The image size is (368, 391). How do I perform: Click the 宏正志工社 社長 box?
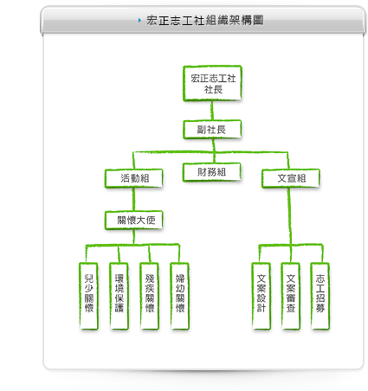pos(212,83)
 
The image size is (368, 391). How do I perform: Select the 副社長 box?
pos(212,130)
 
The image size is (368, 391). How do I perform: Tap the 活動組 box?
pos(134,178)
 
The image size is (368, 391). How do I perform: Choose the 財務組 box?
pos(212,172)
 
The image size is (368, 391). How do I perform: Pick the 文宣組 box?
pos(291,178)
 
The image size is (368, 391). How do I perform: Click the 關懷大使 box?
pos(134,221)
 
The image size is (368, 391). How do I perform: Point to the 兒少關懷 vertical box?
pos(88,296)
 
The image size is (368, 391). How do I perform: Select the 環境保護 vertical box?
pos(119,296)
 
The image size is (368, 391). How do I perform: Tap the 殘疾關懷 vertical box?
pos(149,296)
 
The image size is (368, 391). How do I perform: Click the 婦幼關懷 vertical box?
pos(179,296)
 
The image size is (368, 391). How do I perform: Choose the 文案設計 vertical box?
pos(261,296)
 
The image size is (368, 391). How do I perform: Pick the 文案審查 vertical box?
pos(291,296)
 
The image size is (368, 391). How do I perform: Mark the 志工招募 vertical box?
pos(320,296)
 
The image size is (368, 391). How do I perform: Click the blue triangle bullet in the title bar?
pos(139,20)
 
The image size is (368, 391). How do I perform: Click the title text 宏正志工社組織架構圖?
pos(205,20)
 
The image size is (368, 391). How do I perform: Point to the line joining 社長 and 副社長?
pos(212,111)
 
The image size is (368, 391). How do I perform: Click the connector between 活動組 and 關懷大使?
pos(133,199)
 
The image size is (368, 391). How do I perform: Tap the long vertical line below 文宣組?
pos(289,216)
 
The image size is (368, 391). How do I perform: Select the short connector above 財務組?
pos(214,157)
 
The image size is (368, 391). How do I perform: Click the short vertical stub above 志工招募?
pos(322,253)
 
